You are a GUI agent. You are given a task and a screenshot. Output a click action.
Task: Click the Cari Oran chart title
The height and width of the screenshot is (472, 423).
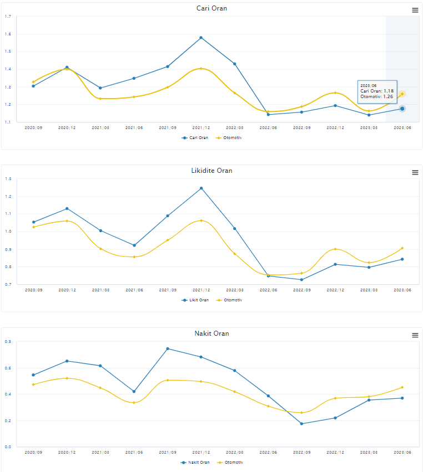coord(211,8)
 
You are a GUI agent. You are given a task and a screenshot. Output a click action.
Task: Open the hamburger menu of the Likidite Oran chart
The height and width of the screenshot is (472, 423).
coord(415,172)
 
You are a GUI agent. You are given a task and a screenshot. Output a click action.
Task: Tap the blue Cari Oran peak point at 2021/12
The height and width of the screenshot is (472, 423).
coord(201,38)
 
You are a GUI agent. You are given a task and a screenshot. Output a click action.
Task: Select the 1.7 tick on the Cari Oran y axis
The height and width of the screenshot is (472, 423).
coord(8,17)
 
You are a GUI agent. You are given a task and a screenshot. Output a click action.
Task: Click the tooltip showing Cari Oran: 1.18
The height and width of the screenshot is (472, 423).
coord(377,91)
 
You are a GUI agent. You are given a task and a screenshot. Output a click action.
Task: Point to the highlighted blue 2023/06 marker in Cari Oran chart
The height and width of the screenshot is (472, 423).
coord(402,109)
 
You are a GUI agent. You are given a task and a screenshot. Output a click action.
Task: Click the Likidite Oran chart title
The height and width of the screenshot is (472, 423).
coord(211,171)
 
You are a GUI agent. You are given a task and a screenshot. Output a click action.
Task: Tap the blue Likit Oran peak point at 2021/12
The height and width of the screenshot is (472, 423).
coord(201,188)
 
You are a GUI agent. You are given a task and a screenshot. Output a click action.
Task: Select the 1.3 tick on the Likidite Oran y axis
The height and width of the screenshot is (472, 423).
coord(8,179)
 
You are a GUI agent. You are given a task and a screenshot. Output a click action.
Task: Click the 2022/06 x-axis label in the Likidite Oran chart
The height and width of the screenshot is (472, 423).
coord(268,290)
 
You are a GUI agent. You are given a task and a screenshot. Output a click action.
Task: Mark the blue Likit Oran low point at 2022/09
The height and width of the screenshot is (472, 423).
coord(301,280)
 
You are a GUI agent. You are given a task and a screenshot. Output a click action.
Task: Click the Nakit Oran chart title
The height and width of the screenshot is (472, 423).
coord(211,334)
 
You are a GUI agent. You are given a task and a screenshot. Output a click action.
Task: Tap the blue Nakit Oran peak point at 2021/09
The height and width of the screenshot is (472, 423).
coord(168,348)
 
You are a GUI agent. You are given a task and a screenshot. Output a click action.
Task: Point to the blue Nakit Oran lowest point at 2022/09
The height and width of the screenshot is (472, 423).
coord(301,424)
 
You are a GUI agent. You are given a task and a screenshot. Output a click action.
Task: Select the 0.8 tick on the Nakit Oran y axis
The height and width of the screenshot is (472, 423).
coord(8,342)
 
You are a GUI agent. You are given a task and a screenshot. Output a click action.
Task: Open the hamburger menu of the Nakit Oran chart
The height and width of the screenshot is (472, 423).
coord(415,335)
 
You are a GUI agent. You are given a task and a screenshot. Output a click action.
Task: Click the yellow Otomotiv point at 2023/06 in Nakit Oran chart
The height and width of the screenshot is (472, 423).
coord(402,387)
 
